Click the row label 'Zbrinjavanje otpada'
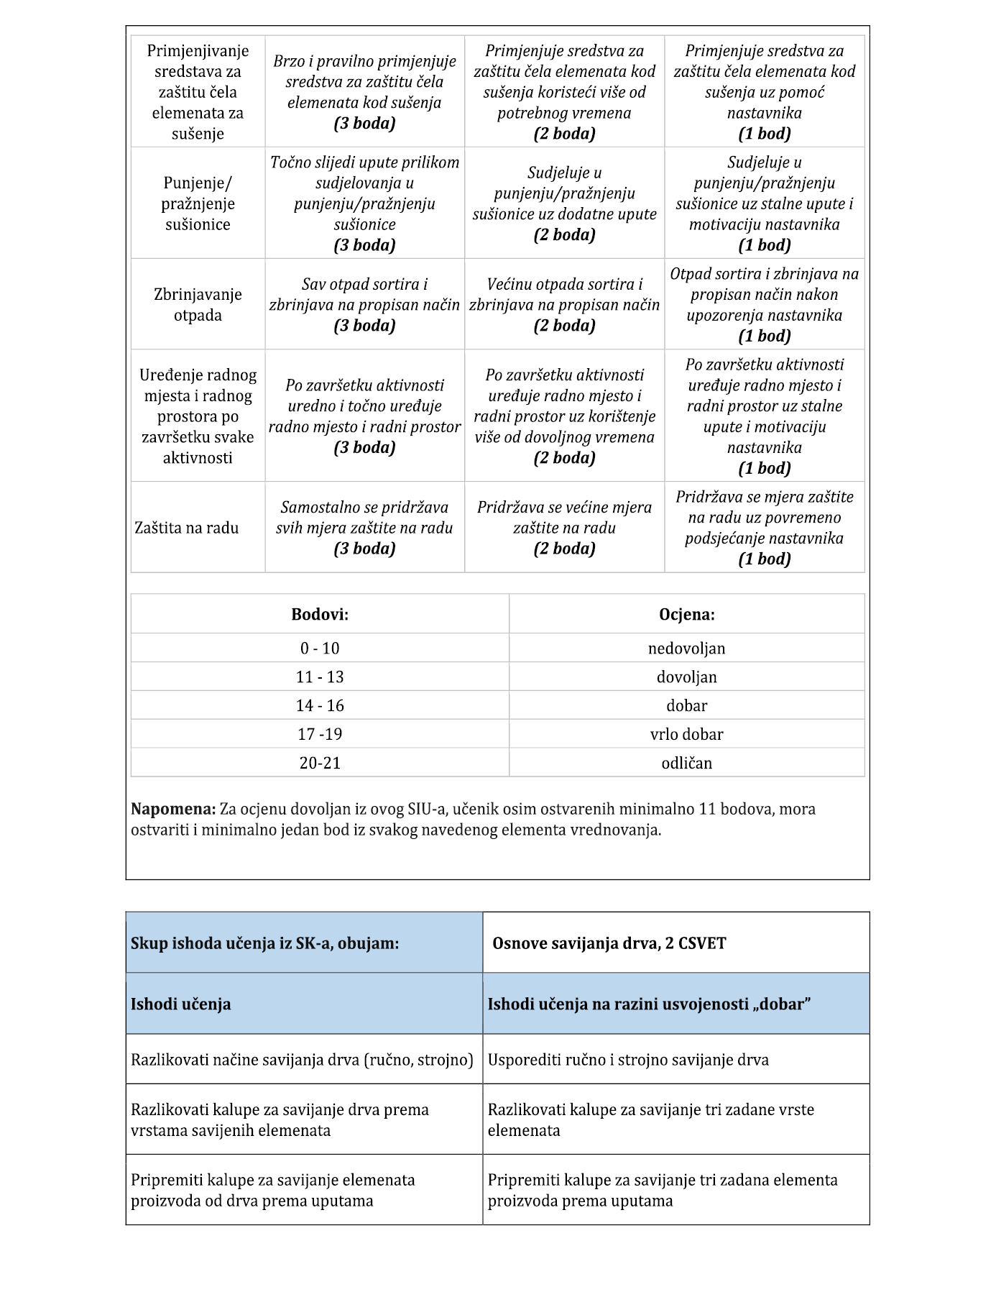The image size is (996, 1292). [198, 305]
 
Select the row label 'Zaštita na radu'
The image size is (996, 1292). [187, 528]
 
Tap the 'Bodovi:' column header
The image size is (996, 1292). [320, 615]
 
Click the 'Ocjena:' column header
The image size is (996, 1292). [686, 615]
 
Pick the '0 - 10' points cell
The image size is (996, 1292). [320, 649]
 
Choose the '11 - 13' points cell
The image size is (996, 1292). [320, 677]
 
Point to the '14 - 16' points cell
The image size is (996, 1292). [320, 706]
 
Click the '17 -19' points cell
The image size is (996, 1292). [320, 735]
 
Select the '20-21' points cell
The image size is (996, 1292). [320, 764]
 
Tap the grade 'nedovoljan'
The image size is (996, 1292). [686, 649]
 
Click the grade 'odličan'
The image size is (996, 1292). [686, 764]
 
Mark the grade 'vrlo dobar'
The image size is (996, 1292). [686, 735]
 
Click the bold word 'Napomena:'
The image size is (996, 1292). [173, 810]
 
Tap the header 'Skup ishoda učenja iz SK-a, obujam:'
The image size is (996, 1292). [264, 943]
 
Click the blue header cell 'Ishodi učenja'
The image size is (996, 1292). [181, 1004]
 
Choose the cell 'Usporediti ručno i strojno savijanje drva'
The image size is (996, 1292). [628, 1060]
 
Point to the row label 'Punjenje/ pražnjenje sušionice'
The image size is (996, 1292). [198, 203]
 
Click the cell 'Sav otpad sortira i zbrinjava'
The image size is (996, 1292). [364, 305]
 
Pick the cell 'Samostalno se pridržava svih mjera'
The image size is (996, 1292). [364, 528]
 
